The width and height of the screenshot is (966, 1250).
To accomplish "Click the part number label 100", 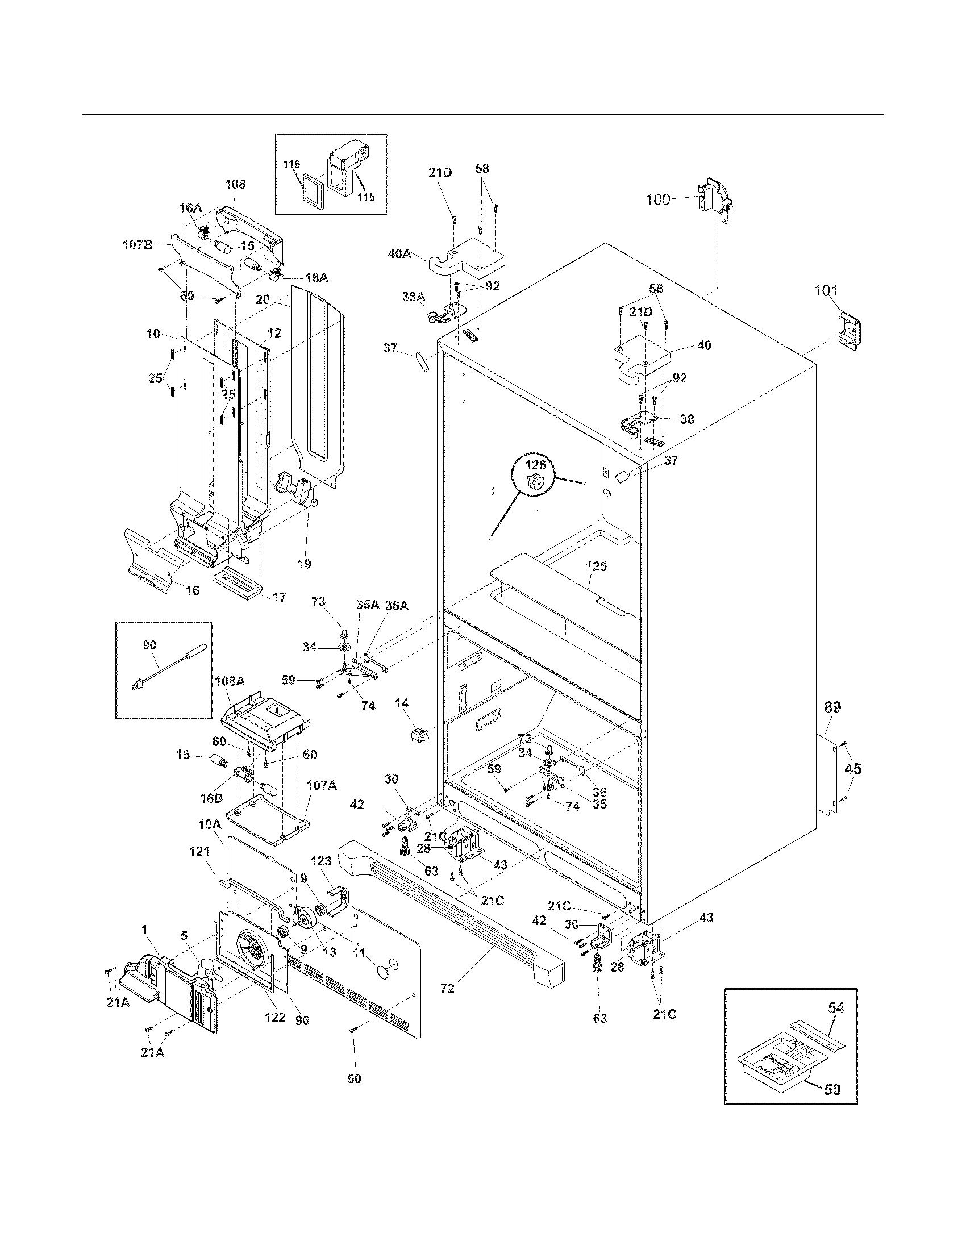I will [658, 200].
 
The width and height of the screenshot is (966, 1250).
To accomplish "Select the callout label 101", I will [827, 291].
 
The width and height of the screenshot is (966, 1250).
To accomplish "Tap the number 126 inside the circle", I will [536, 465].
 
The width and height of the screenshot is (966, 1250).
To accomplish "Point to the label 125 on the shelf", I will [596, 566].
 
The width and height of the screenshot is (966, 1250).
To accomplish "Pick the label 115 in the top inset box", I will [366, 197].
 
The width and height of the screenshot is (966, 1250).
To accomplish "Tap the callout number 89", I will [832, 707].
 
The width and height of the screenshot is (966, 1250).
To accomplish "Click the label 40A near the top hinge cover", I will [399, 253].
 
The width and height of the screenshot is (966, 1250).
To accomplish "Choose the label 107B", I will [138, 245].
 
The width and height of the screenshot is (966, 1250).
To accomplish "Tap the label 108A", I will [230, 681].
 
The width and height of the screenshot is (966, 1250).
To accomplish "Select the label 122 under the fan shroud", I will [274, 1017].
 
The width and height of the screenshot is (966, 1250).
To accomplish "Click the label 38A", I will [413, 297].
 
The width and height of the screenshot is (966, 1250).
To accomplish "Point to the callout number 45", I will [853, 769].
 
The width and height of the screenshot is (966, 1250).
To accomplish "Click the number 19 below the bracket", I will [304, 564].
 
